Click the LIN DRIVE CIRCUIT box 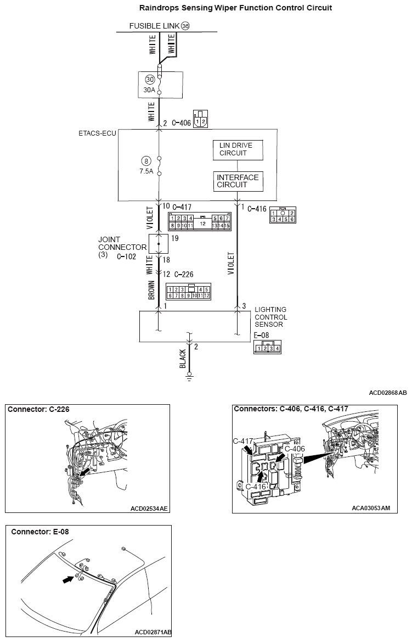[x=238, y=149]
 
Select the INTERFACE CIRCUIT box [x=238, y=181]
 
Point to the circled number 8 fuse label [x=145, y=161]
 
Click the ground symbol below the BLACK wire [x=189, y=377]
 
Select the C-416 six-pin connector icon [x=283, y=216]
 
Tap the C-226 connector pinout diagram [x=189, y=292]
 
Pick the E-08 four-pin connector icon [x=267, y=348]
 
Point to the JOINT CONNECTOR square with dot [x=159, y=243]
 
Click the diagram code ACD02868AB [x=388, y=393]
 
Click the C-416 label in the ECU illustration [x=256, y=486]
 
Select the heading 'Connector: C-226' [x=39, y=409]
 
